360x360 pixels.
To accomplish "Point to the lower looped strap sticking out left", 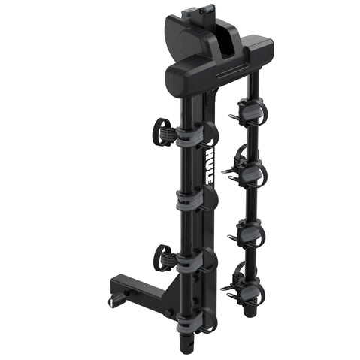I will pos(162,258).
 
